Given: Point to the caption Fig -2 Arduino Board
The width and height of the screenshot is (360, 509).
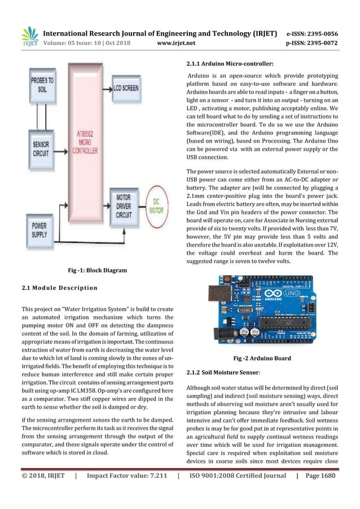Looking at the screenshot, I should [x=262, y=358].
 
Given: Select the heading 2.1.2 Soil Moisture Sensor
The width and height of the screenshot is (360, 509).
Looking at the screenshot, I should [x=223, y=374].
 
